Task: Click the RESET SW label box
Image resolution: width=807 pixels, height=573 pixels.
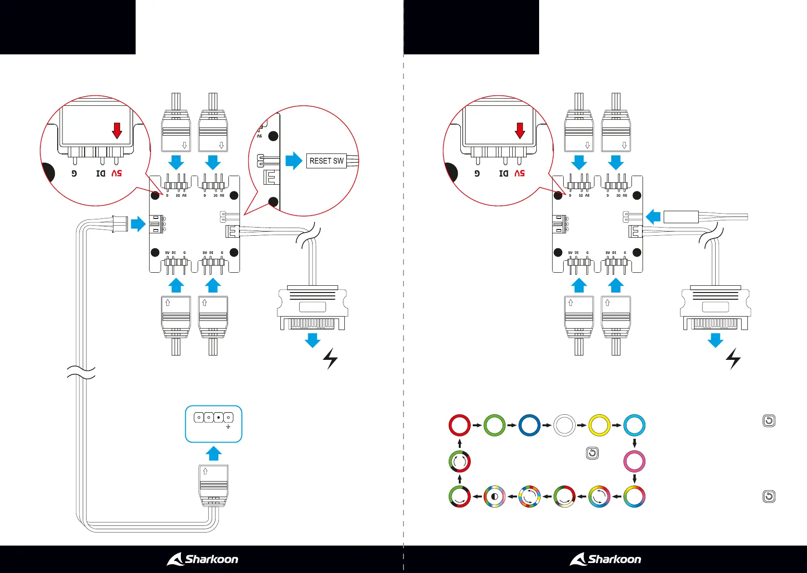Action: click(x=327, y=161)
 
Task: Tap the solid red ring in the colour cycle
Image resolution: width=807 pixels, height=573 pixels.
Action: click(x=459, y=425)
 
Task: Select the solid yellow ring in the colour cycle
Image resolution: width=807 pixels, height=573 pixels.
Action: click(x=599, y=425)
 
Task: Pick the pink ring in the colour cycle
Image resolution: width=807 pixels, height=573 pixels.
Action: click(x=634, y=461)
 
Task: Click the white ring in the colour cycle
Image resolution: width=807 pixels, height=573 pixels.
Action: click(x=564, y=425)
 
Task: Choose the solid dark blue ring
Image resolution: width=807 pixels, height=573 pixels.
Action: click(x=529, y=425)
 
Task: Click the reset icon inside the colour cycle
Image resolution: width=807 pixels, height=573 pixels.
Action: click(x=593, y=453)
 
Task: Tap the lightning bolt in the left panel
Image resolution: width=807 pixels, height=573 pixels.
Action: click(x=330, y=359)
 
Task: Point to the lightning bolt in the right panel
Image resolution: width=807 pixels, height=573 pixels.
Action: click(x=733, y=359)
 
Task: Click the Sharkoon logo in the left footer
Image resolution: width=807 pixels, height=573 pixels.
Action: click(x=202, y=559)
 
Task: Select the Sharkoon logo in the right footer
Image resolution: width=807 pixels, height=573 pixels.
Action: click(x=605, y=559)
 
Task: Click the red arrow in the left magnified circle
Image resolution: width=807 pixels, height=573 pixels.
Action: click(x=117, y=130)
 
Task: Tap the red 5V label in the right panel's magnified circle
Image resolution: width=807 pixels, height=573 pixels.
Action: click(x=519, y=173)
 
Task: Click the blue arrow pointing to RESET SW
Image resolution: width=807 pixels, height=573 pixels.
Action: click(x=293, y=161)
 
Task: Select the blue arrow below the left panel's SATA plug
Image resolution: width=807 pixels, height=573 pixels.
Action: click(x=313, y=340)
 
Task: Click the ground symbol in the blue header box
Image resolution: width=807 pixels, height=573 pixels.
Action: click(x=228, y=427)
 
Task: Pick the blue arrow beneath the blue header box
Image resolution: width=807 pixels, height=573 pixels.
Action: click(x=214, y=453)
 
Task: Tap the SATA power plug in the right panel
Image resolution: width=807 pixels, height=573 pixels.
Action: click(x=716, y=308)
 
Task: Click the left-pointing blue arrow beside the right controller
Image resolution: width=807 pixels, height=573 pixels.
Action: click(x=653, y=216)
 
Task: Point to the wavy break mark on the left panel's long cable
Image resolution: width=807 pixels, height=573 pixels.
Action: click(x=81, y=372)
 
